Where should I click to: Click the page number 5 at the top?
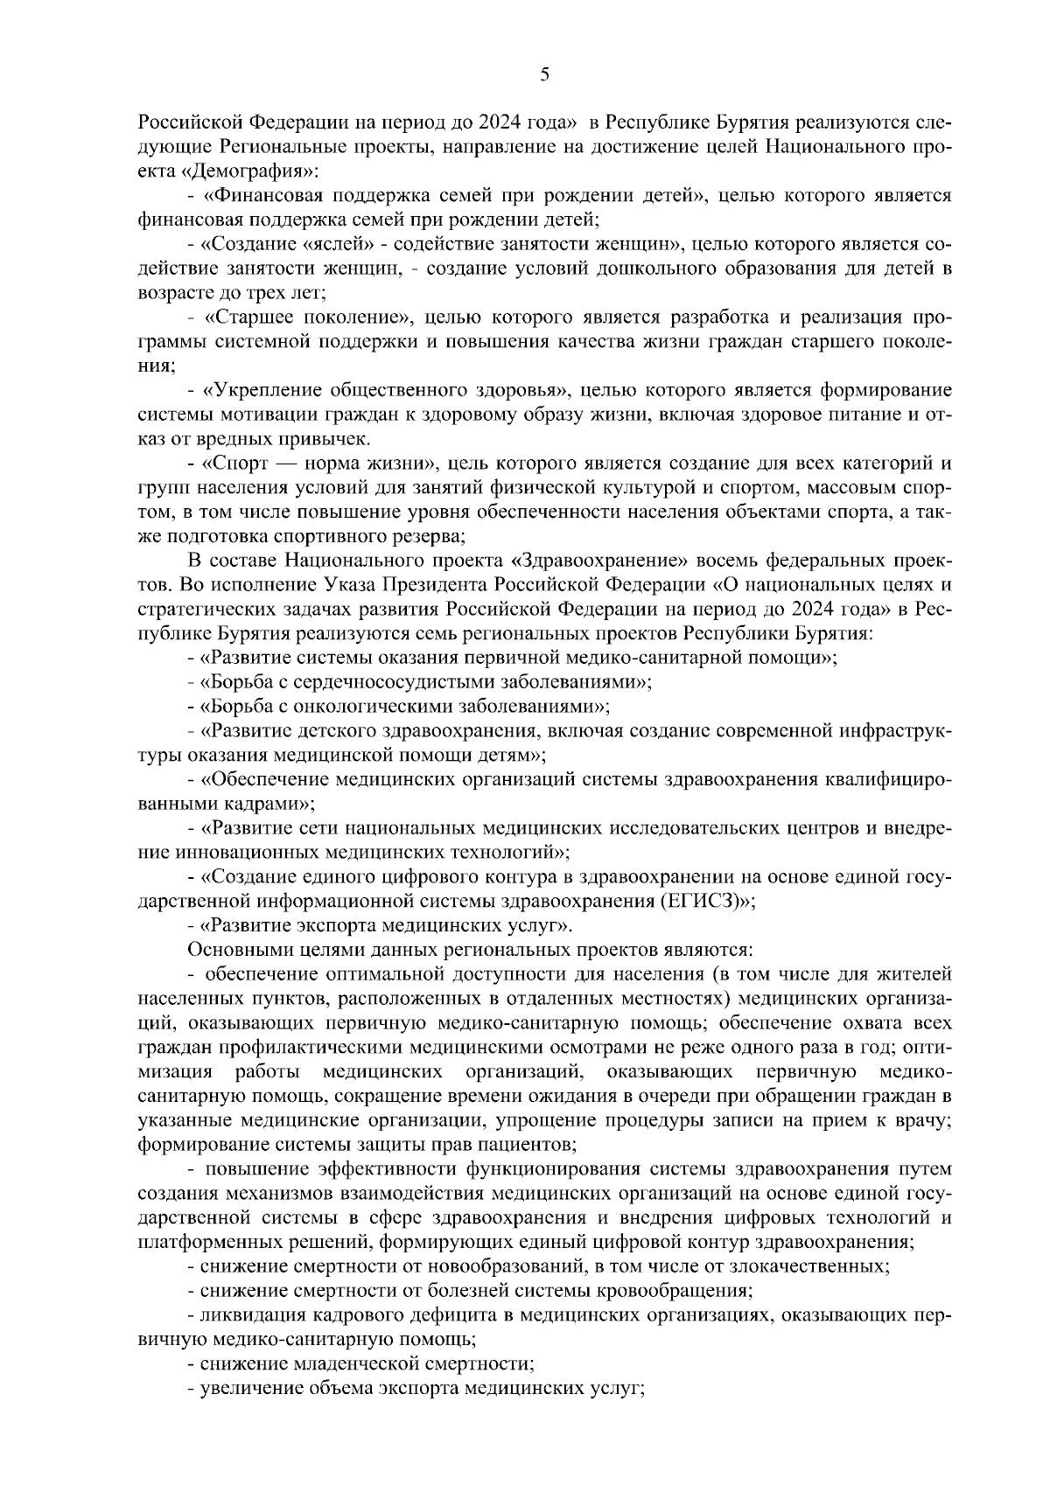pos(544,76)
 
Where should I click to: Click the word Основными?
pos(229,950)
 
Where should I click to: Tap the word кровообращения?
pos(679,1291)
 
